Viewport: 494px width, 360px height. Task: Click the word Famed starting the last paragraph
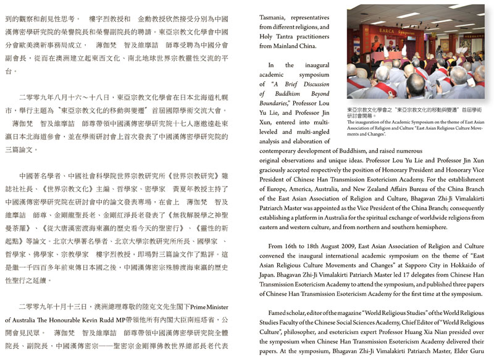click(272, 312)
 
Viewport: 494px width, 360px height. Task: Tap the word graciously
click(281, 170)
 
